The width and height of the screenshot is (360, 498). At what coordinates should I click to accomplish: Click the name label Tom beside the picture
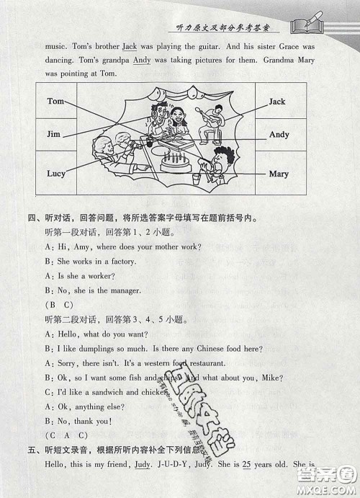pyautogui.click(x=55, y=102)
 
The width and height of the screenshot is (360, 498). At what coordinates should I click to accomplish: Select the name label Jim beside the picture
pyautogui.click(x=53, y=135)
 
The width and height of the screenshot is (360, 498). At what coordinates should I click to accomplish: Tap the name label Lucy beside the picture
pyautogui.click(x=55, y=174)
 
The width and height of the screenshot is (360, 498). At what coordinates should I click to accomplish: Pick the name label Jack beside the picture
pyautogui.click(x=277, y=102)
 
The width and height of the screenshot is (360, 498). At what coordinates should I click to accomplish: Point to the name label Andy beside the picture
pyautogui.click(x=279, y=135)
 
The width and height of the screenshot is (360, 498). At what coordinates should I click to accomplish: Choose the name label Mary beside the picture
pyautogui.click(x=279, y=174)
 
